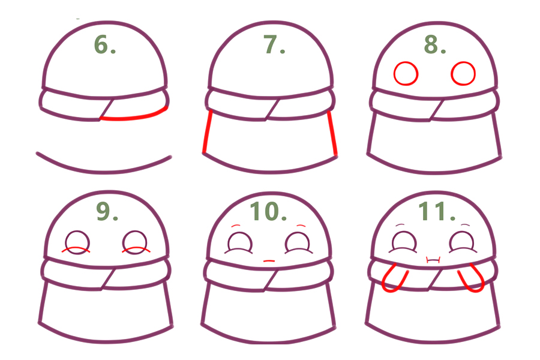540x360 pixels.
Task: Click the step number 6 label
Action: (x=105, y=45)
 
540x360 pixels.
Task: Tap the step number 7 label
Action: (x=274, y=45)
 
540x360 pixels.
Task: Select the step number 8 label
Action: (x=434, y=45)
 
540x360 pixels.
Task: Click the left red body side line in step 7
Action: (x=207, y=131)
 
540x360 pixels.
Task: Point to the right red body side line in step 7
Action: (x=332, y=133)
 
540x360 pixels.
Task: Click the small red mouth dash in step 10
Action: (x=269, y=261)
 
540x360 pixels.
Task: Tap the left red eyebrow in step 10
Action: (x=236, y=226)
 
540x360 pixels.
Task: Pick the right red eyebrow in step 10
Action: (x=301, y=226)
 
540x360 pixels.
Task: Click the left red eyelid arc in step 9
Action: (x=76, y=248)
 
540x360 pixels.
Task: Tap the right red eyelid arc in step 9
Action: (x=136, y=248)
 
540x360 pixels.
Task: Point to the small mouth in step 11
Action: (x=433, y=260)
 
